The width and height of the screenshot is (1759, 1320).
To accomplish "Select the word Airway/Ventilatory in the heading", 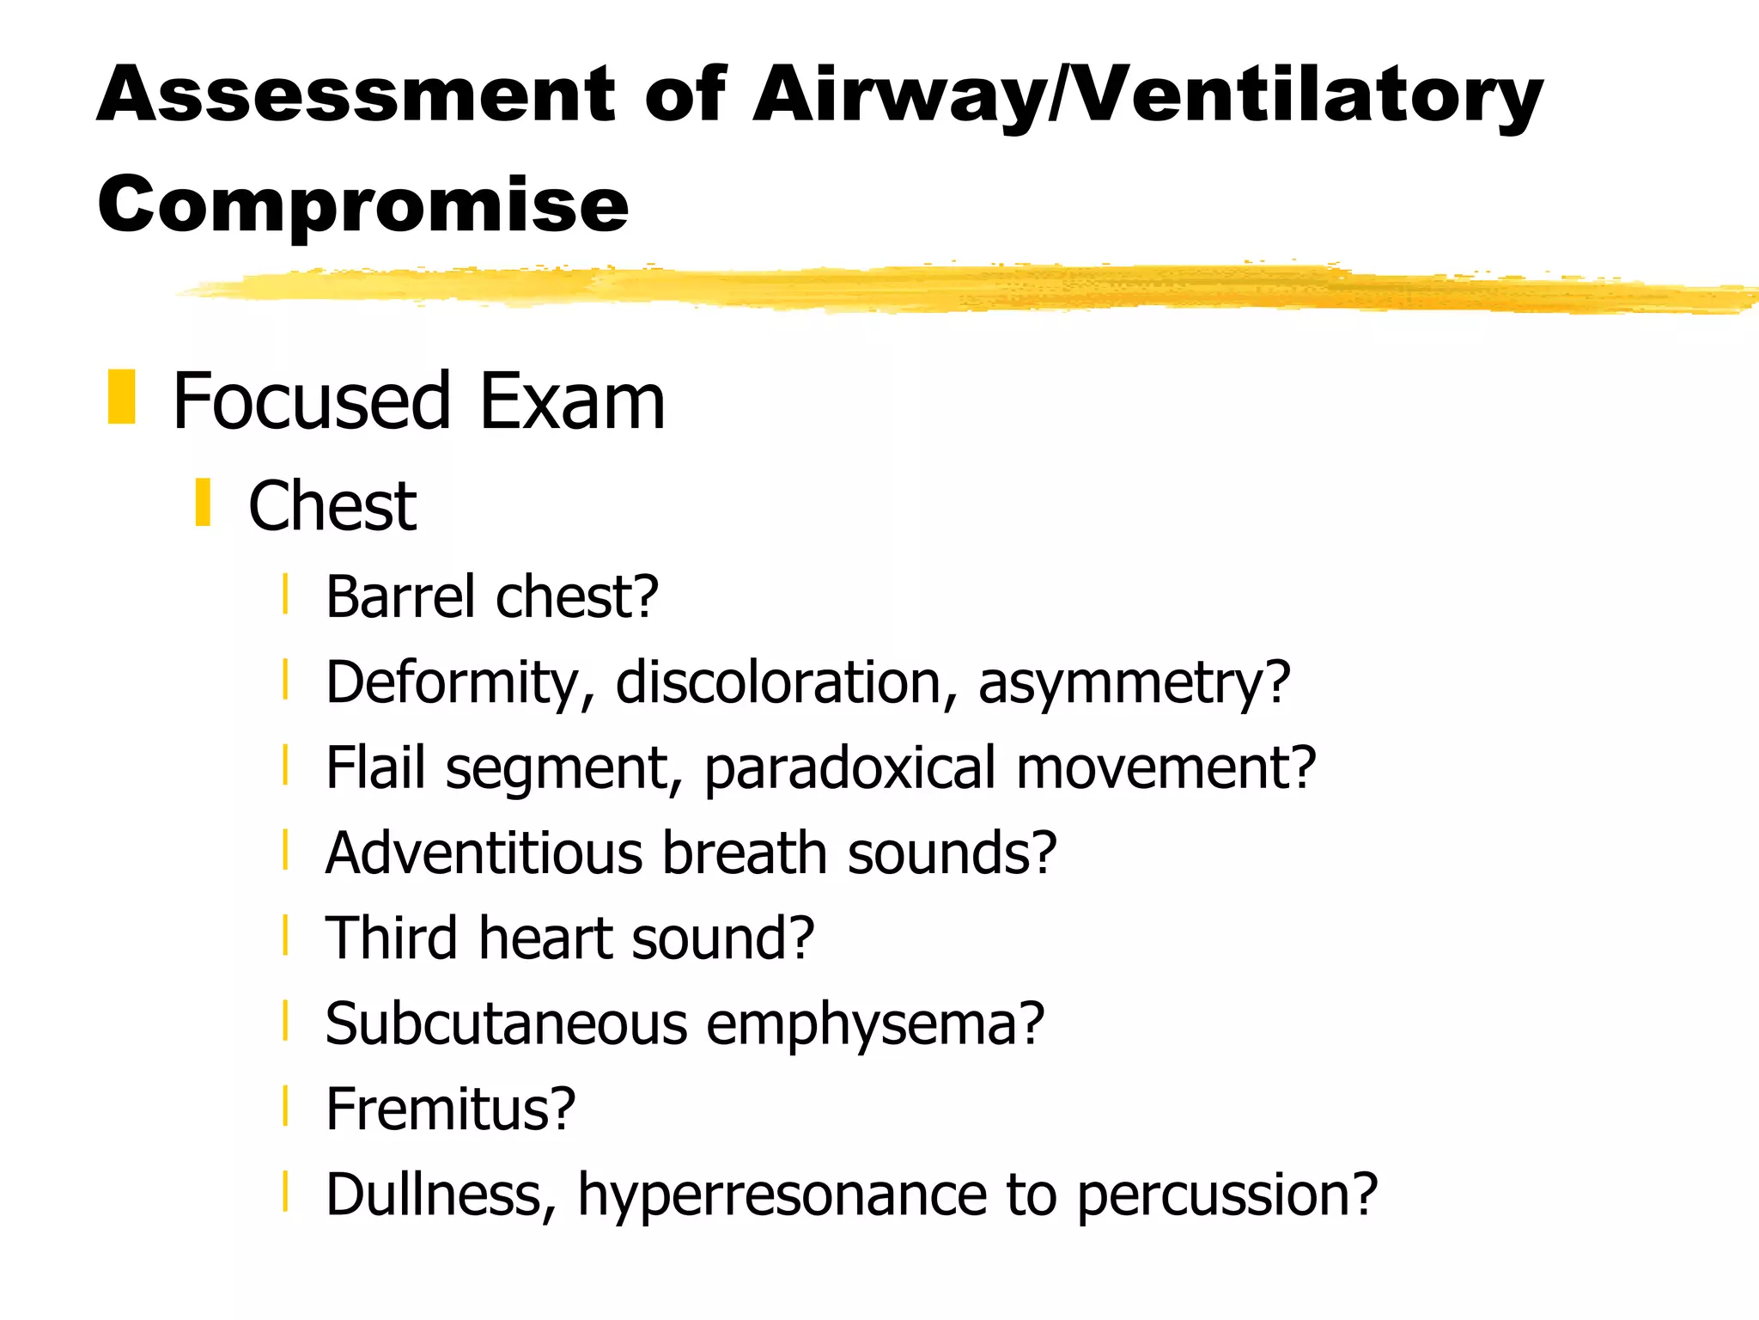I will coord(1147,96).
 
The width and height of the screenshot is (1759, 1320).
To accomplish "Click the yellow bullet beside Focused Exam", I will coord(122,397).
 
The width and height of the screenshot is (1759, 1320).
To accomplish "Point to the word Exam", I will coord(572,401).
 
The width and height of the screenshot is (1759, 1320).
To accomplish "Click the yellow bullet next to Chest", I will coord(203,503).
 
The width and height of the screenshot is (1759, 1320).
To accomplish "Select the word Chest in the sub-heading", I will coord(332,506).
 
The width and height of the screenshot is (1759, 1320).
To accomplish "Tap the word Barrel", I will coord(400,596).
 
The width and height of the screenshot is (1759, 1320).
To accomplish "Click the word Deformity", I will coord(460,683).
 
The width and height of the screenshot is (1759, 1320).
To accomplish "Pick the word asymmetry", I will coord(1134,683).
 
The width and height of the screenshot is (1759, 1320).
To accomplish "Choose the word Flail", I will coord(376,767).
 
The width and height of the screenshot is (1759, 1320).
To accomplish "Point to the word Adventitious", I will coord(484,852).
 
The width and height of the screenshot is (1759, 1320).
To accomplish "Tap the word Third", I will coord(392,938).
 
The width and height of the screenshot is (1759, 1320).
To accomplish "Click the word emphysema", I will coord(875,1025).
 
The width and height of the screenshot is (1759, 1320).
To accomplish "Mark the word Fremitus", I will coord(450,1109).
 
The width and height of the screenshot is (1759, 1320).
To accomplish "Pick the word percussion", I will coord(1226,1196).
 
